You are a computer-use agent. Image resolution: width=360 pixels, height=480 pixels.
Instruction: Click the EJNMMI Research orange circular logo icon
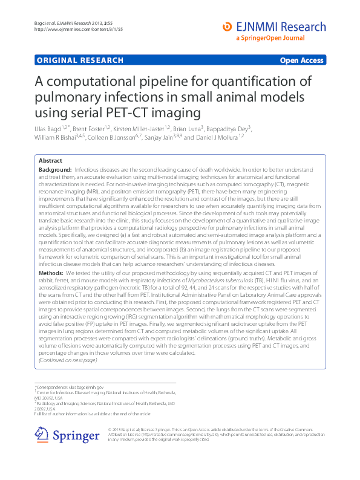click(227, 27)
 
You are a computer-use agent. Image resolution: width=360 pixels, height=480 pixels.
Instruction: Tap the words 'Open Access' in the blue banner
click(301, 60)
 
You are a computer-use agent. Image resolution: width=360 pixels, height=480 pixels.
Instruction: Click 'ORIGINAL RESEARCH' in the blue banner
click(80, 60)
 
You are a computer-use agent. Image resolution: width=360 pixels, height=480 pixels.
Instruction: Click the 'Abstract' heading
click(50, 161)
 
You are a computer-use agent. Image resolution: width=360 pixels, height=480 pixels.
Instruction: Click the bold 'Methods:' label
click(52, 274)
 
